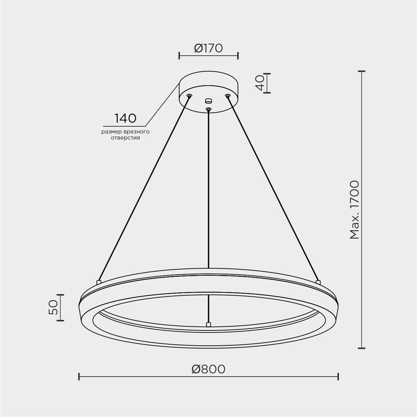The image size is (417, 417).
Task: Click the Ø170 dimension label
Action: (208, 48)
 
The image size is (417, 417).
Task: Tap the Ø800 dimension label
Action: (208, 369)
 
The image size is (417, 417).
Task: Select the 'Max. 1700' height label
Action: (355, 210)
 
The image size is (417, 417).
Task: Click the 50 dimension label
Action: (53, 307)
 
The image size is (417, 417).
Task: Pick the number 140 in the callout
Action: (125, 119)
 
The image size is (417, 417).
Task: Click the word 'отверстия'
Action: (125, 138)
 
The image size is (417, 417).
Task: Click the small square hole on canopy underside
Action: (208, 101)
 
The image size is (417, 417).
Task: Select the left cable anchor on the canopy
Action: (189, 95)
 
